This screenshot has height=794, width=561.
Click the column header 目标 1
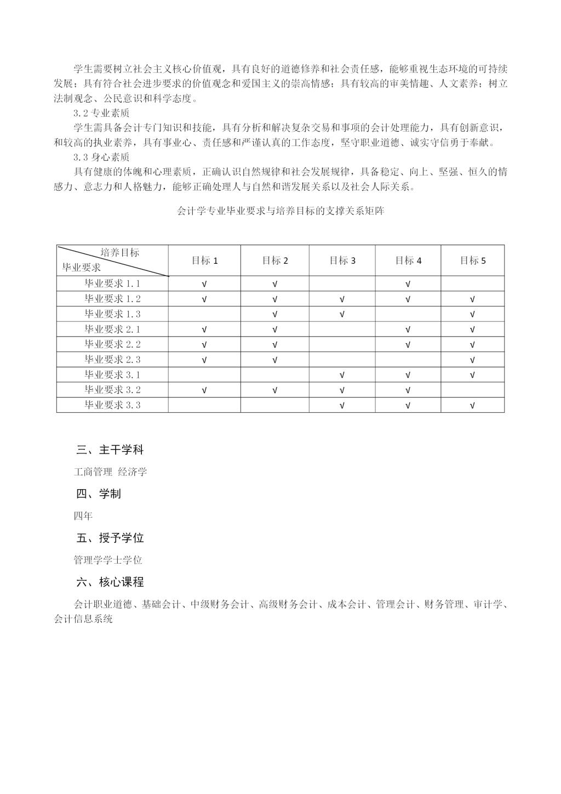[x=204, y=260]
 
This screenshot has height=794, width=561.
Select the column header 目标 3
[x=342, y=260]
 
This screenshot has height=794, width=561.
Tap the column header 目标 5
[x=473, y=260]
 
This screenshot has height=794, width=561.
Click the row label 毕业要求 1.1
[x=112, y=283]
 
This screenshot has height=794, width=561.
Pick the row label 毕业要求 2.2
[x=112, y=344]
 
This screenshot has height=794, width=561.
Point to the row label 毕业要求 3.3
[x=112, y=405]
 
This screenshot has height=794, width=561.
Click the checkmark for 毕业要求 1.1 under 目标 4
[x=408, y=284]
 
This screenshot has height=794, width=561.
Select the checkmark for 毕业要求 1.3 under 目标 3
[x=342, y=314]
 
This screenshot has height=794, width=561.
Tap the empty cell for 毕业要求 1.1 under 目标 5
[x=473, y=283]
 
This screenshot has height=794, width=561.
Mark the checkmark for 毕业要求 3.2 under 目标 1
[x=204, y=390]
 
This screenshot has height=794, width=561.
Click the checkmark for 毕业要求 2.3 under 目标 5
[x=473, y=360]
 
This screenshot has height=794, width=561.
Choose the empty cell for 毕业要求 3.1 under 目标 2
[x=275, y=375]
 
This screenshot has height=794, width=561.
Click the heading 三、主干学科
[x=110, y=450]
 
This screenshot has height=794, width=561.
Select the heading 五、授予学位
[x=110, y=538]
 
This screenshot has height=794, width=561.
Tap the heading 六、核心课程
[x=110, y=582]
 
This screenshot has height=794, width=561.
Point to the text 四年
[x=83, y=516]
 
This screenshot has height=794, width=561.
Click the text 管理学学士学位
[x=108, y=560]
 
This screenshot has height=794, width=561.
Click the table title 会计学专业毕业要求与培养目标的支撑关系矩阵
[x=280, y=211]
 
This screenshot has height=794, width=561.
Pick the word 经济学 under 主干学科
[x=133, y=472]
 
